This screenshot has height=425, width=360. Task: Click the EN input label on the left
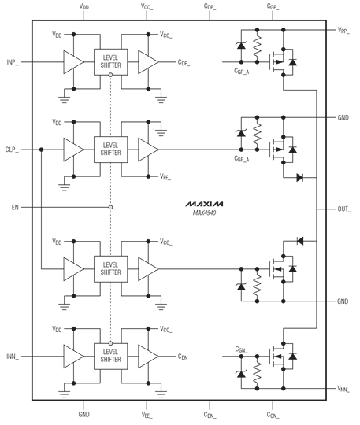(x=15, y=208)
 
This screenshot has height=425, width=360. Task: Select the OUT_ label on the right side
(x=344, y=209)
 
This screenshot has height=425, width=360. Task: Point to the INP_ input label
(x=13, y=61)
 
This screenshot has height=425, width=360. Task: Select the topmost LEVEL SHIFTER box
(x=111, y=61)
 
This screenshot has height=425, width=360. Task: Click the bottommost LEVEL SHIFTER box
(x=111, y=355)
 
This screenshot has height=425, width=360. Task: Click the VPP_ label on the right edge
(x=343, y=31)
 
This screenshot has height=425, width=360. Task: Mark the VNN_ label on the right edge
(x=343, y=389)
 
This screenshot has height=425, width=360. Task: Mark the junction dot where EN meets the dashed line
(x=111, y=208)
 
